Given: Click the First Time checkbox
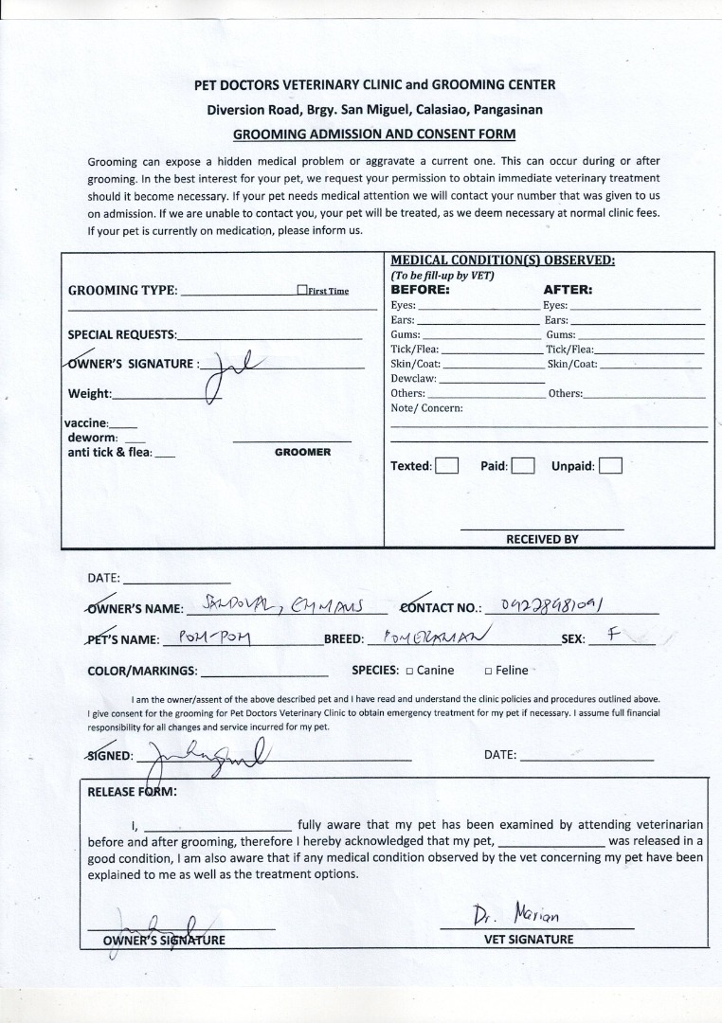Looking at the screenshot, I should tap(301, 291).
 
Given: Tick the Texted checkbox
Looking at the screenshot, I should tap(446, 466).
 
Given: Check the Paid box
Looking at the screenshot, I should tap(523, 466).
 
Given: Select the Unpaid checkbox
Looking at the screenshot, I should tap(611, 466).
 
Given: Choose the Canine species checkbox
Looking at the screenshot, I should tap(409, 671).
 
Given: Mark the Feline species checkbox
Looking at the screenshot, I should tap(488, 671).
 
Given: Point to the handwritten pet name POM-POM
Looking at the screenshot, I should tap(214, 637).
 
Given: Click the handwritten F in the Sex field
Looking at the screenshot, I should tap(613, 635).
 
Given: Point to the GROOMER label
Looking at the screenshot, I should tap(303, 453).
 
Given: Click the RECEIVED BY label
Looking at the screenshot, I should tap(542, 539).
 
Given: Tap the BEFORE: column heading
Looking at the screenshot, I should tap(420, 290).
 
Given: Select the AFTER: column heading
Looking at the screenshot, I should tap(568, 290).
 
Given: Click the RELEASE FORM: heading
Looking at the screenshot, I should tap(132, 792).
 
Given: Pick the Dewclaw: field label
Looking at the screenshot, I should tap(411, 379).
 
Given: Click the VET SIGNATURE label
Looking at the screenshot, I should tap(529, 940).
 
